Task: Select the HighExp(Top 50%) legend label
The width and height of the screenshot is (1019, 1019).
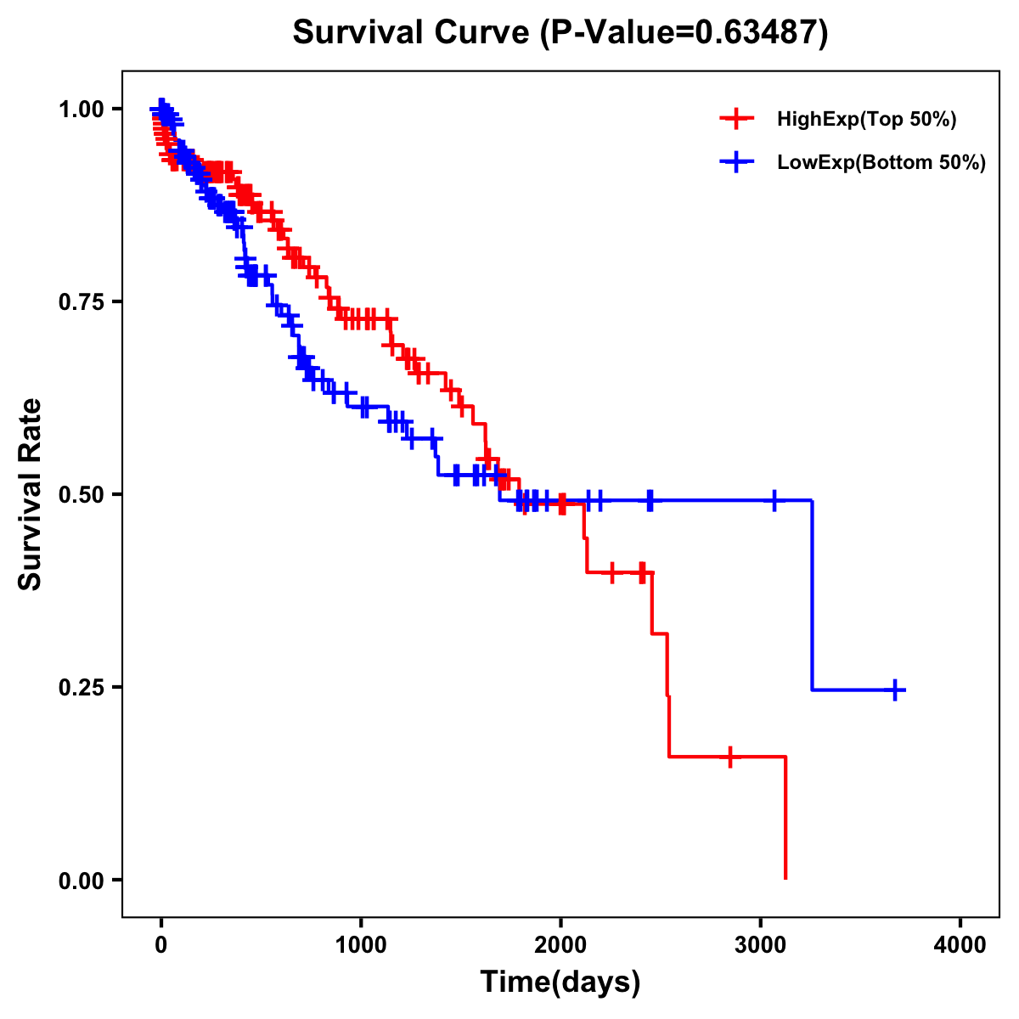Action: tap(866, 120)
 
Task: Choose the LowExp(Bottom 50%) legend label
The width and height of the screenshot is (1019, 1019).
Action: tap(881, 163)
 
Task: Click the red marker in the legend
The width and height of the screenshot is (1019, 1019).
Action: tap(736, 119)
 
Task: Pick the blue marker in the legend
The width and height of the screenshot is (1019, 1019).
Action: tap(736, 162)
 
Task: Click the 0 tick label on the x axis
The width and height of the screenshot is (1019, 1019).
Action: tap(160, 945)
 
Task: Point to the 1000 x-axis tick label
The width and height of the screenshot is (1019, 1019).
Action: tap(361, 945)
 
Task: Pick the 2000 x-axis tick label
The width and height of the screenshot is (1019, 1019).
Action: tap(560, 945)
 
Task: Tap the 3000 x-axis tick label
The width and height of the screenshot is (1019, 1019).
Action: tap(761, 945)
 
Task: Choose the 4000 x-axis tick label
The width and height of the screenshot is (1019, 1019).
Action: tap(960, 945)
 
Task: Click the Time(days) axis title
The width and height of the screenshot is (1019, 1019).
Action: tap(560, 982)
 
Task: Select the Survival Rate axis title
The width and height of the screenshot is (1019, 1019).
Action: tap(31, 493)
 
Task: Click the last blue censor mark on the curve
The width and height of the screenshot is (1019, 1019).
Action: tap(894, 690)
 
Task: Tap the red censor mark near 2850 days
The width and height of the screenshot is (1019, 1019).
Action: tap(729, 756)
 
